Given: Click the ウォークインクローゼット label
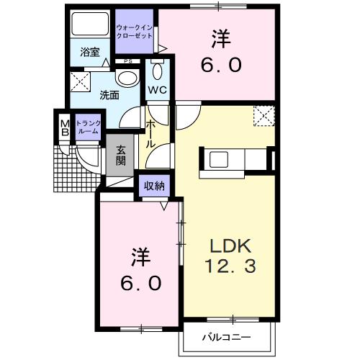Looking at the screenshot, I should (134, 32).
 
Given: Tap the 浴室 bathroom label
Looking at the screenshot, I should (89, 53).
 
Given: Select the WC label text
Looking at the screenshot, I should (157, 90).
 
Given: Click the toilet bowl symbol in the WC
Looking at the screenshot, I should (158, 73).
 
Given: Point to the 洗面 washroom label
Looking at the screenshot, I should (109, 94).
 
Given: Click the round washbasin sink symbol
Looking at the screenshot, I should (126, 78).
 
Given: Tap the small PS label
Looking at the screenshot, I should (127, 61).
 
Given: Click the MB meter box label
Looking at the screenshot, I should (64, 127).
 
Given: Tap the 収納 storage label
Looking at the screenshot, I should (153, 185).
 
